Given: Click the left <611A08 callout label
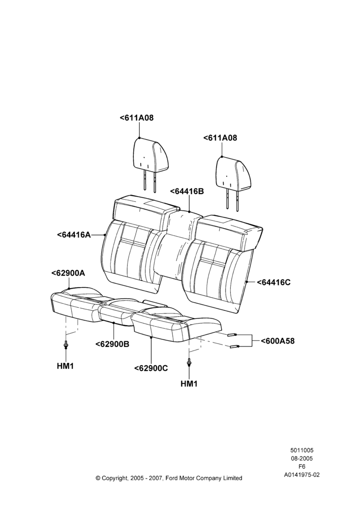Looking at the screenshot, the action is tap(137, 118).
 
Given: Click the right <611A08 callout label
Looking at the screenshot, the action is tap(220, 138).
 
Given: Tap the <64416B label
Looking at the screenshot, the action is tap(187, 192).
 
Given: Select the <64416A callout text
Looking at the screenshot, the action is tap(74, 235).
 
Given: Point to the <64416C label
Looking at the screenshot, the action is tap(274, 282).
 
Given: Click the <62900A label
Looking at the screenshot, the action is tap(68, 273).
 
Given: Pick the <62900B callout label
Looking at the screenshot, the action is tap(112, 344).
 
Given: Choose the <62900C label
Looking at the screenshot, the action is tap(151, 368).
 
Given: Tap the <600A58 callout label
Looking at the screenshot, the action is tap(278, 341).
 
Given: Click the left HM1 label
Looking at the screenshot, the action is tap(66, 366).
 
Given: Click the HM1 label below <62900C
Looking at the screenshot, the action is tap(189, 384).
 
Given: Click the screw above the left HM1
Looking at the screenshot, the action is tap(66, 345).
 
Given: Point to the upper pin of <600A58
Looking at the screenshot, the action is tap(231, 335).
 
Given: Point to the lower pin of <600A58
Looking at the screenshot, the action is tap(234, 347).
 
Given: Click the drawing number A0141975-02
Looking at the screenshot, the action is tap(302, 475).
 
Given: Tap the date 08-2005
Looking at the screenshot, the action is tap(302, 458).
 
